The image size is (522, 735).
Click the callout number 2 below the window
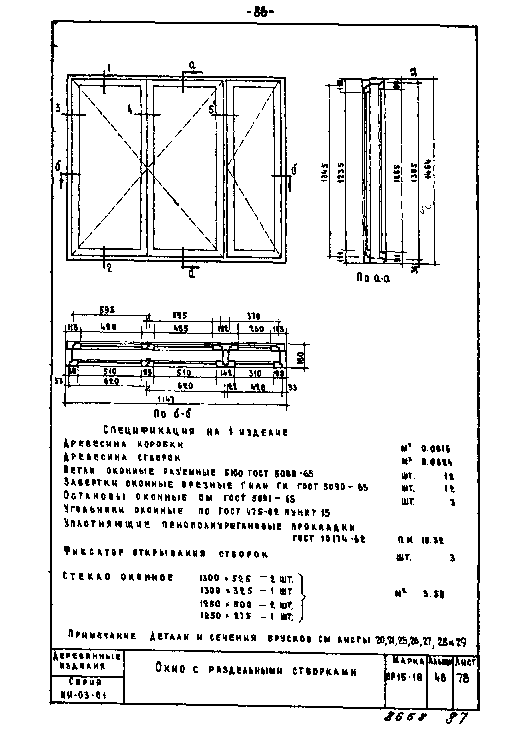point(109,268)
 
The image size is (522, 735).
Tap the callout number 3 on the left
point(58,108)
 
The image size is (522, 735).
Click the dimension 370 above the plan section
point(253,317)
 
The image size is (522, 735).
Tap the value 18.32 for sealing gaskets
point(433,541)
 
